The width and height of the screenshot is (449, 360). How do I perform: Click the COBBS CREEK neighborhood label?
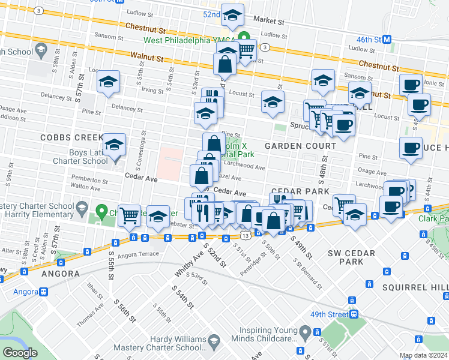pyautogui.click(x=64, y=137)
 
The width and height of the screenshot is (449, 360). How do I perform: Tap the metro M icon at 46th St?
pyautogui.click(x=387, y=39)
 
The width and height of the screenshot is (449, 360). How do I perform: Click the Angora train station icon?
pyautogui.click(x=43, y=292)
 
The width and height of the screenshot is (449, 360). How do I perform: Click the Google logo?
pyautogui.click(x=20, y=353)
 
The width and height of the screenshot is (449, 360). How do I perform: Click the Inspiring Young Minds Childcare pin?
pyautogui.click(x=306, y=332)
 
